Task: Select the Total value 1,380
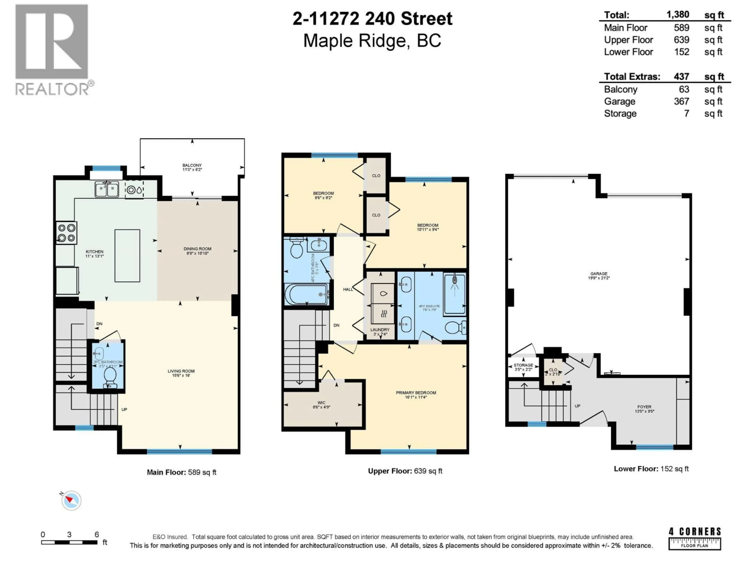[x=678, y=15]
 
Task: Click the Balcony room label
[x=192, y=167]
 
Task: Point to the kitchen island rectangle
[x=127, y=256]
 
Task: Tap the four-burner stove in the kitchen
[x=66, y=233]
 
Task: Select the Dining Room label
[x=197, y=251]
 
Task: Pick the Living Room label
[x=181, y=373]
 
